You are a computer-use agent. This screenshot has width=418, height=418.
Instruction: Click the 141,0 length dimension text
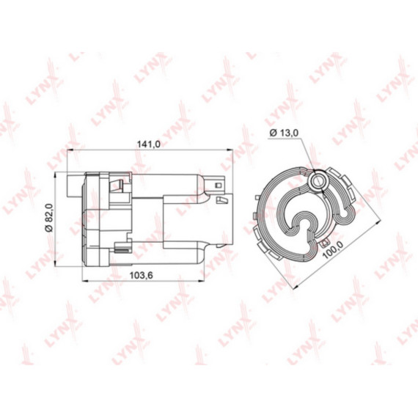[150, 144]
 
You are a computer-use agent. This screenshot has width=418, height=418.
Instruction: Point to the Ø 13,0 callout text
[283, 133]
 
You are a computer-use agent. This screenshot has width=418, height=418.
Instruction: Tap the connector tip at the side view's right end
[224, 192]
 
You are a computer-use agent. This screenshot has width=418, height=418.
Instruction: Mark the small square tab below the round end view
[323, 243]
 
